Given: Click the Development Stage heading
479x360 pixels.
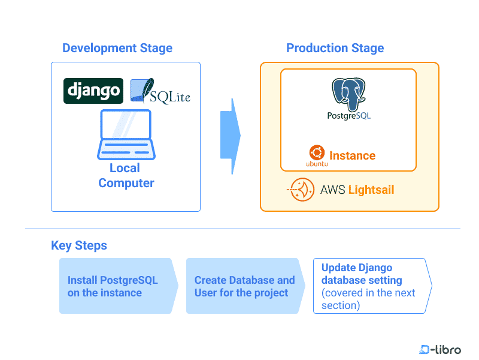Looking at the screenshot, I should [117, 49].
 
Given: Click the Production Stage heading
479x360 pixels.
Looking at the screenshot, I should [335, 49].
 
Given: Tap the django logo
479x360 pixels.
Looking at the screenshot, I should [93, 91].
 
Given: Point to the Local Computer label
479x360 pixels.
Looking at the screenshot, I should [126, 176].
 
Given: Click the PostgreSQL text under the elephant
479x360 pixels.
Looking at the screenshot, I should [348, 115].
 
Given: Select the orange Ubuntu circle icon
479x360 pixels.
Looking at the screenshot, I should [316, 152].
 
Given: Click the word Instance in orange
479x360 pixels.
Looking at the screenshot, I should [352, 156].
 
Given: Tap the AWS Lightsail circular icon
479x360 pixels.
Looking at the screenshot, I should [301, 190].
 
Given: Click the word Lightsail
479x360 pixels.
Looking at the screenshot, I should [371, 190].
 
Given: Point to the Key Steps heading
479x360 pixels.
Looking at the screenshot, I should [79, 245].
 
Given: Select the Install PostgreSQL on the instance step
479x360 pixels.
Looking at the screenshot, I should [117, 286].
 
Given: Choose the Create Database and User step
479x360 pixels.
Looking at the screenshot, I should [244, 286].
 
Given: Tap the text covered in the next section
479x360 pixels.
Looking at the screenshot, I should [368, 299].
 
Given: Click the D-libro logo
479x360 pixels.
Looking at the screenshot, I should [440, 349].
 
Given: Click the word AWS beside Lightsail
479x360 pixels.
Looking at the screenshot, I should [332, 190].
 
